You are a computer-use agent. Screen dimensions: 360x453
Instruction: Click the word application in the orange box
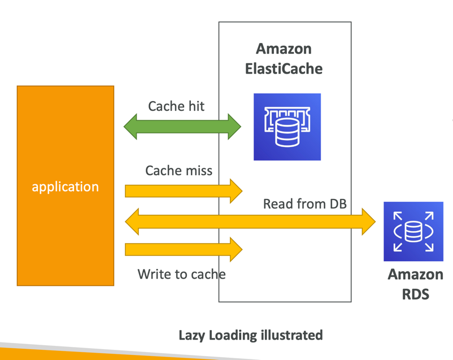click(x=66, y=186)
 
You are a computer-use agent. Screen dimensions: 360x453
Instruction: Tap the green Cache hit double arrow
click(x=182, y=126)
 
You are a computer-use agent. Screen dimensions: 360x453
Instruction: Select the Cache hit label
click(x=176, y=106)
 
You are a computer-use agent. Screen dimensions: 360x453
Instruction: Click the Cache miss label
click(x=178, y=171)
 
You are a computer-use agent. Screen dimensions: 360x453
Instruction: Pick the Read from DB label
click(x=304, y=204)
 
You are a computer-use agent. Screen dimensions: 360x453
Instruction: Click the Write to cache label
click(x=181, y=274)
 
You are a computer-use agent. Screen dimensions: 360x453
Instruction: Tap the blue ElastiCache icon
click(x=287, y=127)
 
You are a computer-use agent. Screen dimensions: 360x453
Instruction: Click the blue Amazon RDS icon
click(x=413, y=231)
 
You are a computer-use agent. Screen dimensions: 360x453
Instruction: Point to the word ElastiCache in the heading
click(x=284, y=69)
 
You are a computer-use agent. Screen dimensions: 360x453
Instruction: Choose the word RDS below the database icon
click(x=415, y=294)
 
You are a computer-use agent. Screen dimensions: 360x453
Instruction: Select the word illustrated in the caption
click(x=291, y=335)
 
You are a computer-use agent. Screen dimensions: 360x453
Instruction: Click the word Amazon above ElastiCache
click(x=284, y=49)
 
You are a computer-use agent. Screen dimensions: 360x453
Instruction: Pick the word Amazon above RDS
click(x=415, y=275)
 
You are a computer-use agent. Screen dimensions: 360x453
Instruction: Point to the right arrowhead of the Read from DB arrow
click(x=368, y=221)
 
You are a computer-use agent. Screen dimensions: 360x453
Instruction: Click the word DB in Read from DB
click(x=337, y=204)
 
